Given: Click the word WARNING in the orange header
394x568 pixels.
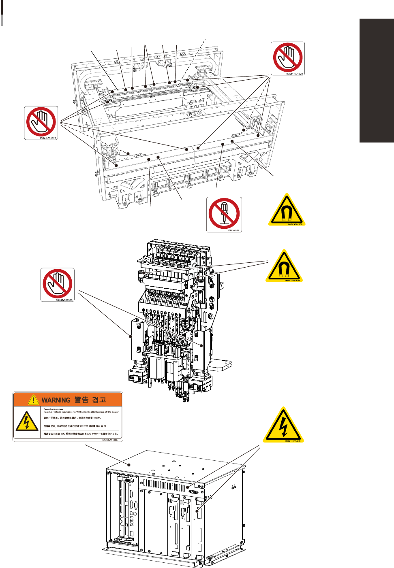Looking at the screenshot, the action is tap(56, 400).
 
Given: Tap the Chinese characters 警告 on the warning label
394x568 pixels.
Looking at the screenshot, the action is tap(81, 400).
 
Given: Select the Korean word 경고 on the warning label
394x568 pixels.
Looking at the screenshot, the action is tap(99, 400).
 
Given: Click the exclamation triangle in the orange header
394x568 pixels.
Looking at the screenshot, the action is tap(33, 400).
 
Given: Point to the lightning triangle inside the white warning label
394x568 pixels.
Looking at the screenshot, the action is tap(27, 422).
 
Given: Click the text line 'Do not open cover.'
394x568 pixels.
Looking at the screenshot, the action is tap(54, 409).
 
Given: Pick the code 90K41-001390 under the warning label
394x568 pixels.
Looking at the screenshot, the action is tap(110, 440).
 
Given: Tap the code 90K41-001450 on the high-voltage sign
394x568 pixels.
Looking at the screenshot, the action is tap(293, 441).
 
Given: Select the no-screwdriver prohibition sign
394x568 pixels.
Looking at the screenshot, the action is tap(224, 214).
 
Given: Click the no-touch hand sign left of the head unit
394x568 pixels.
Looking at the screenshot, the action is tap(58, 285).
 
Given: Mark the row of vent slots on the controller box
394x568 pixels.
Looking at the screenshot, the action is tap(165, 485).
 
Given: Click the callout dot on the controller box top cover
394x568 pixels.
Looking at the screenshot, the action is tap(129, 464).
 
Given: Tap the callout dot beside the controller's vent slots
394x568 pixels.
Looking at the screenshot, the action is tap(188, 488).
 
